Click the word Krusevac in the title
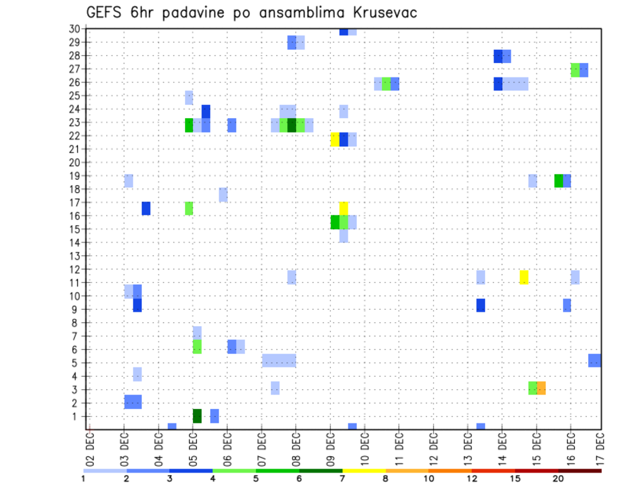(376, 13)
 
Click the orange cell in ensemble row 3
(541, 388)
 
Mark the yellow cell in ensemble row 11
(524, 277)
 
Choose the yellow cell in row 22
(335, 139)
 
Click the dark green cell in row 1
(197, 415)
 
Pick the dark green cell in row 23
(292, 125)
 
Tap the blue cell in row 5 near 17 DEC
(595, 360)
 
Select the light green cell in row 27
(575, 70)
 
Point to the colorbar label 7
(342, 479)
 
